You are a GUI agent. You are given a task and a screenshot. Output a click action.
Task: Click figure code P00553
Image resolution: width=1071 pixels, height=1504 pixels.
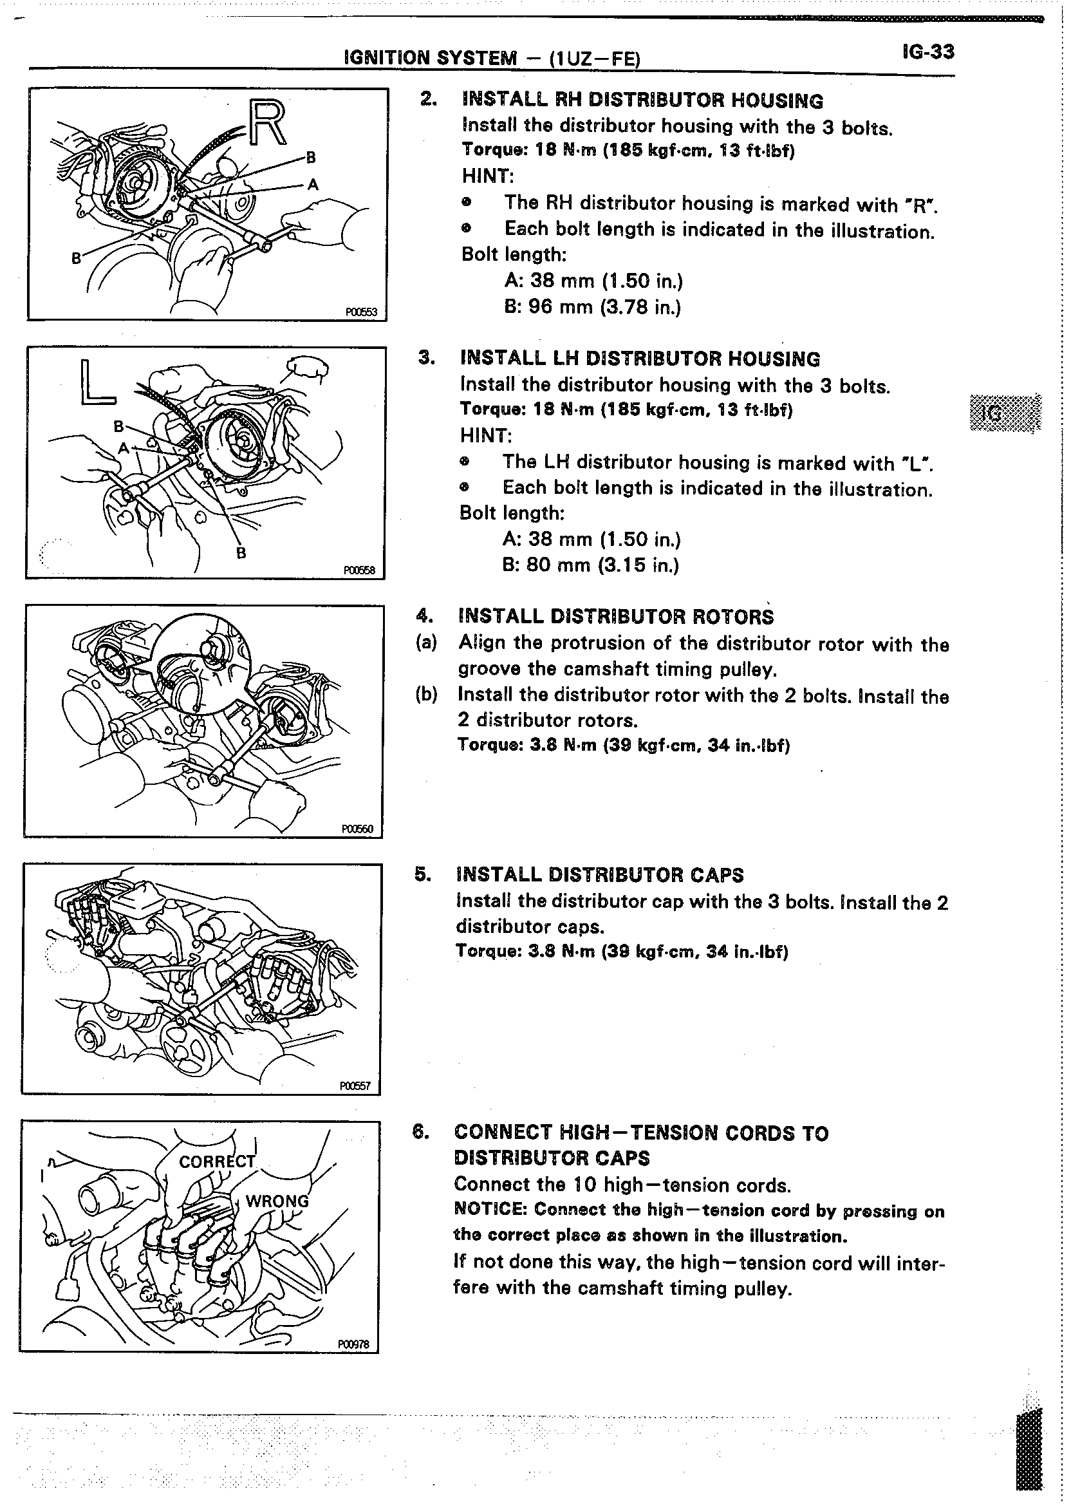360,312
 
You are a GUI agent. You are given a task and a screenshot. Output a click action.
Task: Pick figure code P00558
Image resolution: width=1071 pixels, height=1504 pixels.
359,570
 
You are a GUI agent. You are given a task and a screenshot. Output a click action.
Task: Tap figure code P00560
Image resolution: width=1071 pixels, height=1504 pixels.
357,829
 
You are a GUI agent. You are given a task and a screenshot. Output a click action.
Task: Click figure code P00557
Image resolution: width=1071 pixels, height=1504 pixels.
355,1086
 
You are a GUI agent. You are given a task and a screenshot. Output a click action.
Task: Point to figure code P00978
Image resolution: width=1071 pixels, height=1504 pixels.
353,1344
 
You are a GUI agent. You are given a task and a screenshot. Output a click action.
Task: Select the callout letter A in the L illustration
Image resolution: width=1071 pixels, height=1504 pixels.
123,449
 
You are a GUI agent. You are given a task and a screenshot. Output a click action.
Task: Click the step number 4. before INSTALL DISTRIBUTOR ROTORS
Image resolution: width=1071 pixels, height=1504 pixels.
424,616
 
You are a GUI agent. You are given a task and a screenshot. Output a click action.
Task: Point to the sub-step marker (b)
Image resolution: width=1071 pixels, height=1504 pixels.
426,695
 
